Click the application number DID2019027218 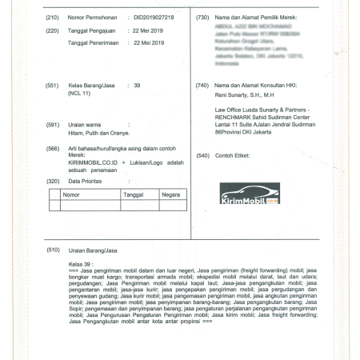pos(153,17)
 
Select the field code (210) pos(53,17)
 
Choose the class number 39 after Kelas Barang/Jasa pos(137,84)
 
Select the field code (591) pos(53,124)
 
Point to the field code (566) pos(53,149)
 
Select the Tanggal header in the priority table pos(133,194)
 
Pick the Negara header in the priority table pos(170,194)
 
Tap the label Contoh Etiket pos(234,154)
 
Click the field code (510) pos(53,250)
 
